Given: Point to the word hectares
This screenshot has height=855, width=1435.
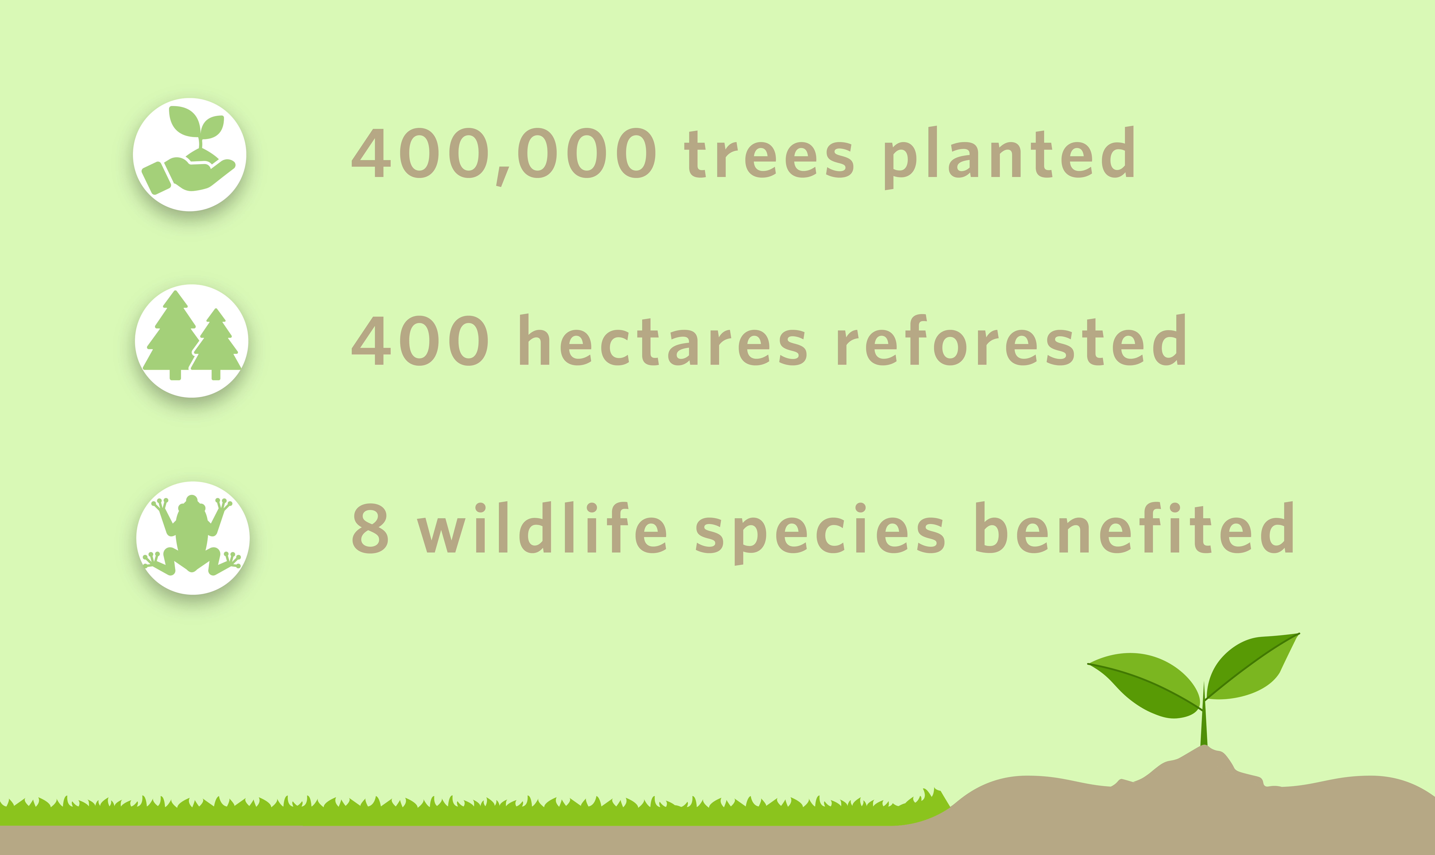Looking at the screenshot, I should (663, 341).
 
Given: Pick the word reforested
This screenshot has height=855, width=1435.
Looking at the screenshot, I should (1011, 341).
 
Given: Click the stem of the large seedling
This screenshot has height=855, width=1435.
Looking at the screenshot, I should (1203, 726).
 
